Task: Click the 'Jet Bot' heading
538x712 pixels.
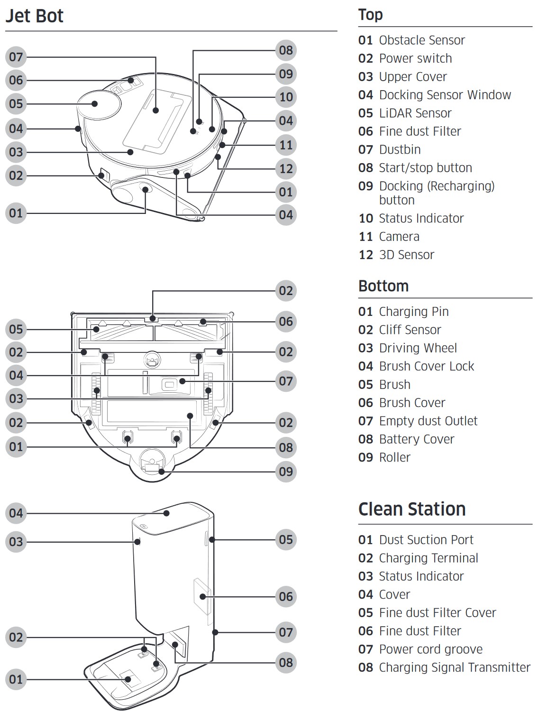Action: click(34, 16)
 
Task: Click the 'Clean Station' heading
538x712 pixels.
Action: click(411, 509)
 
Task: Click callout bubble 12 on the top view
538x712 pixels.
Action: click(286, 168)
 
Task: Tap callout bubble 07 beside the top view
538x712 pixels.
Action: click(16, 57)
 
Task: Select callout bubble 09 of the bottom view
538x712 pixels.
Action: click(286, 472)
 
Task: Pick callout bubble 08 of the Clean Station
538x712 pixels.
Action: click(286, 662)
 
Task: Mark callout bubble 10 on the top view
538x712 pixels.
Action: click(286, 97)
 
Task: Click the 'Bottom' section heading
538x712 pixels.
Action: click(383, 286)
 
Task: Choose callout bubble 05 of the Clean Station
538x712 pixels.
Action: click(286, 539)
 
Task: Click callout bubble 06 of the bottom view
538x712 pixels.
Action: click(286, 322)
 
